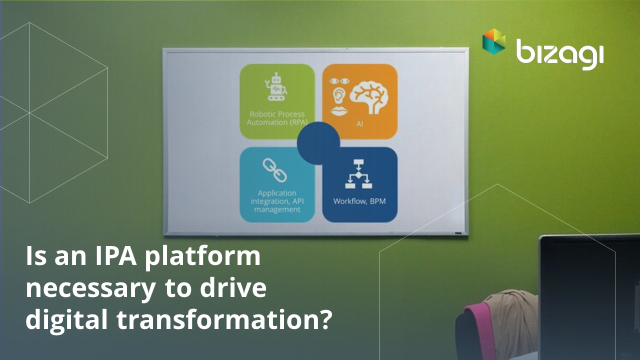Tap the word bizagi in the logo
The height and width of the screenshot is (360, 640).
[x=560, y=54]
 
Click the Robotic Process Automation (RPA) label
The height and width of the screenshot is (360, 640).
[x=277, y=118]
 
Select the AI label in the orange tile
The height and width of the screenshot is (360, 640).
[x=359, y=124]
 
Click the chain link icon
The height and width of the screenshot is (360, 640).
[x=275, y=170]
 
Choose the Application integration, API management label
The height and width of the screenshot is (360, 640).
[x=277, y=201]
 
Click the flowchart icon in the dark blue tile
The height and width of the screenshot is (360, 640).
[x=358, y=174]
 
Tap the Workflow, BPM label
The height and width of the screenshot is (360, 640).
[x=359, y=201]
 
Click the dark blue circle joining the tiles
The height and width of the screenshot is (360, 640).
[x=318, y=143]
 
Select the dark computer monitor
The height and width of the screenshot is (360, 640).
[x=589, y=297]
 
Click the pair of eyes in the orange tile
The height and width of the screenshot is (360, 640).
[x=339, y=81]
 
